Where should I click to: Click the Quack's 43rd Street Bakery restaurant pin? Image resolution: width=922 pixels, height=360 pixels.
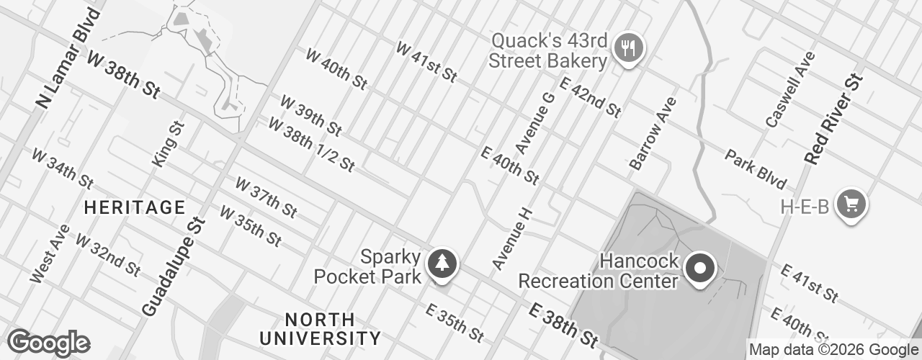coord(630,48)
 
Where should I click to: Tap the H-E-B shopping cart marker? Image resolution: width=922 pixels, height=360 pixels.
coord(851,204)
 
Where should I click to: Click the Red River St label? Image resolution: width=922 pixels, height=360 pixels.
coord(833,119)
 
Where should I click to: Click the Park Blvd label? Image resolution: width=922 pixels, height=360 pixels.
coord(756,168)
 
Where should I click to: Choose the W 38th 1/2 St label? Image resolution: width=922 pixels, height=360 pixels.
coord(311,145)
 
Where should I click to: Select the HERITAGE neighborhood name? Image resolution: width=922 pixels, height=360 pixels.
coord(135,208)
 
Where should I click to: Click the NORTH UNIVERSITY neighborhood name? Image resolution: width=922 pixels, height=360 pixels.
coord(320,328)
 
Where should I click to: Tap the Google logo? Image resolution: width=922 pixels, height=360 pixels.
coord(48,343)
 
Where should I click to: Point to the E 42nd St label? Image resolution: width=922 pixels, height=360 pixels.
coord(589,99)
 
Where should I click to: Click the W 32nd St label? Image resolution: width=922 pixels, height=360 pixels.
coord(108,255)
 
